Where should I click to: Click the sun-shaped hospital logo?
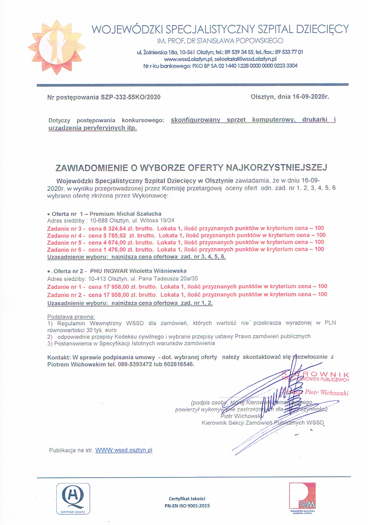coord(56,47)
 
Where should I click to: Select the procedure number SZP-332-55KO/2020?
coord(130,97)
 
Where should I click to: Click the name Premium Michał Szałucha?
coord(126,214)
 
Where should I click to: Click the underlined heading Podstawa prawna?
coord(71,317)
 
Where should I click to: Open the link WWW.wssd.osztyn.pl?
coord(124,450)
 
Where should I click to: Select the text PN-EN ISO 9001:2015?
coord(187,506)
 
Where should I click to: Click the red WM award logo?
coord(302,496)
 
